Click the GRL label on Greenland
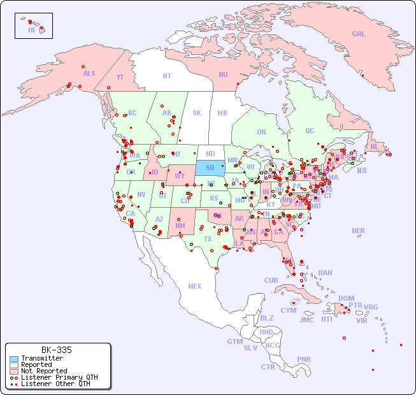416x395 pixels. [x=359, y=34]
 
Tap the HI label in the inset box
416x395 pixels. [x=31, y=30]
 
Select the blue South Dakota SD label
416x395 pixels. [x=210, y=168]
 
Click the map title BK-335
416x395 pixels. [x=56, y=350]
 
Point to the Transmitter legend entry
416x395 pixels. [x=41, y=358]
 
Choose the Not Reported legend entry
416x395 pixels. [x=43, y=371]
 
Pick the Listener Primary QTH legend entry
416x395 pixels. [x=59, y=377]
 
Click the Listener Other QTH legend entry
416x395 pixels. [x=55, y=384]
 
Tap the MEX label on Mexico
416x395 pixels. [x=195, y=286]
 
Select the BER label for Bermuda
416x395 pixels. [x=358, y=231]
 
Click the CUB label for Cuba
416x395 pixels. [x=271, y=280]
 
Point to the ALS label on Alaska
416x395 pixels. [x=89, y=73]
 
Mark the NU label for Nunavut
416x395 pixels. [x=223, y=75]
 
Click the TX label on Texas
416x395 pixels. [x=208, y=239]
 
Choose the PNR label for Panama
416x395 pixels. [x=304, y=359]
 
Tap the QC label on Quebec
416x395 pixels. [x=310, y=131]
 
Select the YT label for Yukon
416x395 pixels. [x=120, y=77]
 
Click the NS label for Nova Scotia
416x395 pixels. [x=361, y=170]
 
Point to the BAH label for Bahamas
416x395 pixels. [x=325, y=273]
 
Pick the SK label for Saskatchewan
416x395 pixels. [x=197, y=113]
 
